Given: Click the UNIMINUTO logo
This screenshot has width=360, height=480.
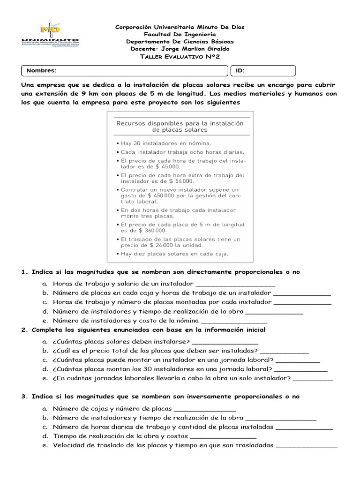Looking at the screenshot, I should point(50,36).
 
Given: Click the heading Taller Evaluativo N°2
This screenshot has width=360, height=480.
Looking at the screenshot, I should point(180,57).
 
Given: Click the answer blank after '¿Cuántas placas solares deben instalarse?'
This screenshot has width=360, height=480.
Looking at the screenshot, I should point(225,342).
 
